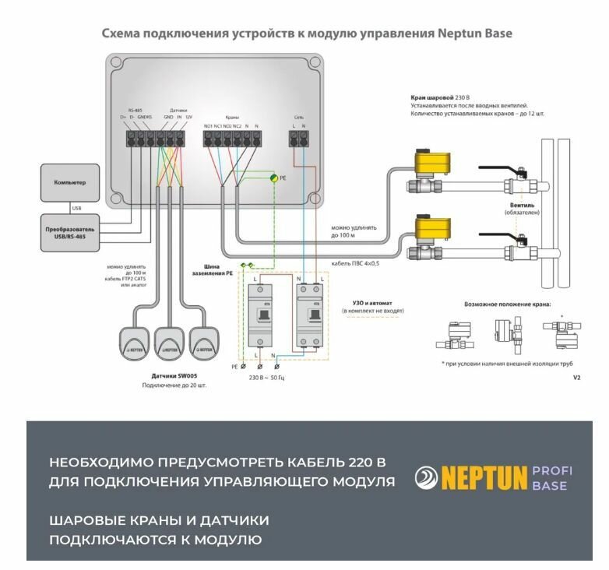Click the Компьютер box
(x=69, y=182)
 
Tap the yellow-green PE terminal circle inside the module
(x=273, y=178)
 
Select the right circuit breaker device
(x=308, y=315)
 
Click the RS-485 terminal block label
(x=135, y=111)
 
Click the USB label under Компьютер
(x=76, y=208)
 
